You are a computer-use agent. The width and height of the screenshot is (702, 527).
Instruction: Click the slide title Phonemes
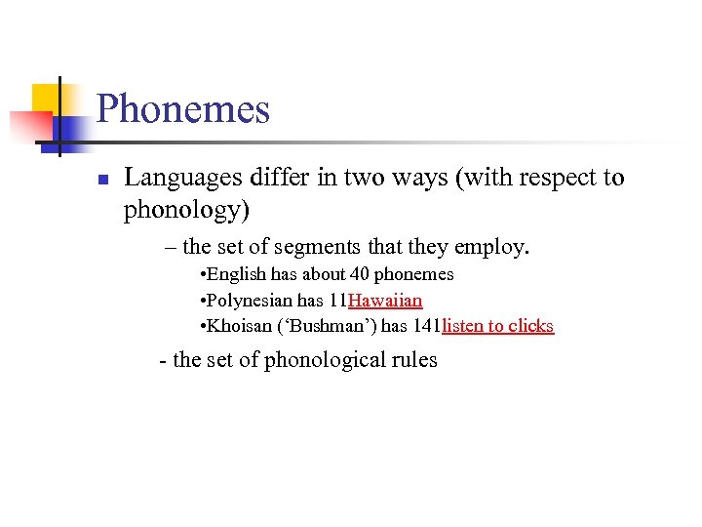click(183, 109)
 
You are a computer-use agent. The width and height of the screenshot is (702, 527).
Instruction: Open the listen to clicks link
click(497, 326)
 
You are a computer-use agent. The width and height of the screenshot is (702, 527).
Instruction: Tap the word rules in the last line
click(414, 359)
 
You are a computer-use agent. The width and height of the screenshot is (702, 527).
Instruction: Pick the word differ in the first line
click(280, 179)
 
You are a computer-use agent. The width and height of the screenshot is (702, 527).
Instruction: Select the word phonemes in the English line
click(414, 275)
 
